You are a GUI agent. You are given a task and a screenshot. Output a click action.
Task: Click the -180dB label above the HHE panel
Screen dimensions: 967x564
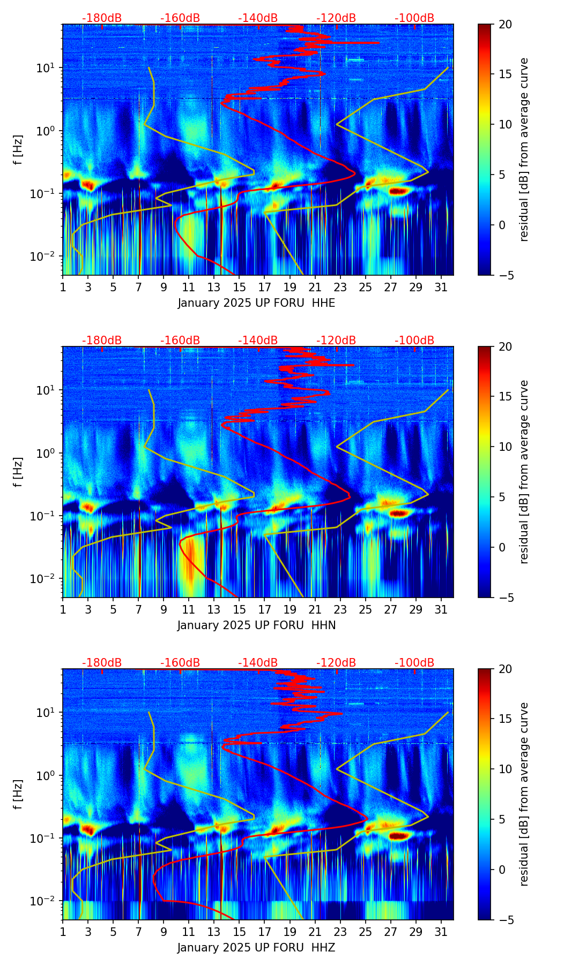[102, 18]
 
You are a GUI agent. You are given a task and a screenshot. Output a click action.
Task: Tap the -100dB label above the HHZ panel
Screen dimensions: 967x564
[414, 663]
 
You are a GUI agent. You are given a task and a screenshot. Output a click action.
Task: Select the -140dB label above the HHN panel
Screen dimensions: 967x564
[258, 341]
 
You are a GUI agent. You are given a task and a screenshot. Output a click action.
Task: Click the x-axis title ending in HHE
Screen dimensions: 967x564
[256, 303]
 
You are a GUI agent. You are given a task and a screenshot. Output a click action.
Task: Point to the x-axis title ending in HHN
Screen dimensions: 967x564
[256, 625]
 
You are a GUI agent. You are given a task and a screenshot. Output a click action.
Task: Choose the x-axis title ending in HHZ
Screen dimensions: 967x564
[256, 948]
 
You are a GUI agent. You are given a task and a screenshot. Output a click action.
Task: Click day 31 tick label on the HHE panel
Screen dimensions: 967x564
[441, 287]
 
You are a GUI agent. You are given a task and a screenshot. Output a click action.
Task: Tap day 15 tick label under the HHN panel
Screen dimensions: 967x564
[239, 609]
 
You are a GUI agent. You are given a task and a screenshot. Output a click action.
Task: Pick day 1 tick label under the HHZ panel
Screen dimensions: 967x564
[63, 932]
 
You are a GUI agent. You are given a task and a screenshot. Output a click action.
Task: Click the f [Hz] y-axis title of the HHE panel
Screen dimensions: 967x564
[18, 150]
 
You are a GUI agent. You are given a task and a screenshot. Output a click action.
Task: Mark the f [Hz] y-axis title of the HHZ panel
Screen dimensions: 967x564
[18, 795]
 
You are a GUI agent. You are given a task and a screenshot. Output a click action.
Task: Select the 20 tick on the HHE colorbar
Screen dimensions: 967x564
[505, 25]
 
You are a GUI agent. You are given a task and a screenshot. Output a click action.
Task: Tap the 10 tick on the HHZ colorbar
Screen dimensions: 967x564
[505, 769]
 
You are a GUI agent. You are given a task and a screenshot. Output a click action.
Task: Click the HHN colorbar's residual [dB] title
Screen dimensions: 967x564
[524, 472]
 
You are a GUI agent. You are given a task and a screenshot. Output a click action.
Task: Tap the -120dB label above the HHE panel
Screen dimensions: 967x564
[336, 18]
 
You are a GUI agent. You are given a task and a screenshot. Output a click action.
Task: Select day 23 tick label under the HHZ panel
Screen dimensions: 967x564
[340, 932]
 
